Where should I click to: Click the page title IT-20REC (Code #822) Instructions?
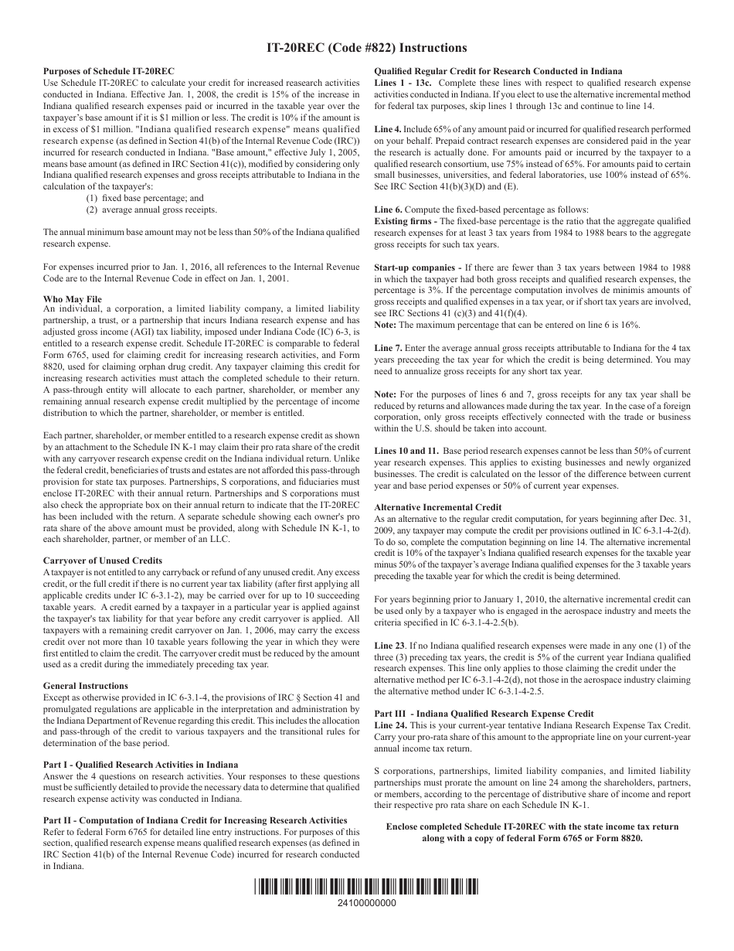tap(366, 48)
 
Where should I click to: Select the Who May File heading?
tap(73, 298)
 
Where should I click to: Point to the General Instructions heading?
tap(86, 686)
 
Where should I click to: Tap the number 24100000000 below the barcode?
tap(366, 904)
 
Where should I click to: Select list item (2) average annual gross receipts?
tap(151, 210)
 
